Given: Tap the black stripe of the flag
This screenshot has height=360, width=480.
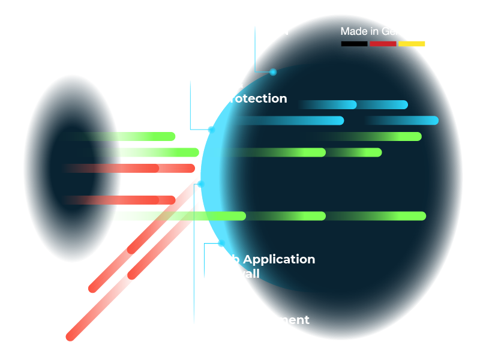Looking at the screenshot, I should tap(354, 44).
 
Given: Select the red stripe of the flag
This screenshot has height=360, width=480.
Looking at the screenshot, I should tap(382, 44).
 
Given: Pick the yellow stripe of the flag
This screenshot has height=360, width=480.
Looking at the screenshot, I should tap(412, 44).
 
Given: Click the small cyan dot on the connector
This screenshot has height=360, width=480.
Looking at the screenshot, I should tap(273, 72).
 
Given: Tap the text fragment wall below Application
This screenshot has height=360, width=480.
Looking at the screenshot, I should tap(247, 274).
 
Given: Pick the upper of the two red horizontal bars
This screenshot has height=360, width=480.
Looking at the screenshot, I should tap(132, 169).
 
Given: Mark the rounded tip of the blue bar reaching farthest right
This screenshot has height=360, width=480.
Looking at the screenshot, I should tap(434, 120).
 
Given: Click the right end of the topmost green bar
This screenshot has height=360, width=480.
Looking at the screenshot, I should tap(417, 136).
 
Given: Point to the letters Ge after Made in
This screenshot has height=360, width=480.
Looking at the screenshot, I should tap(389, 31).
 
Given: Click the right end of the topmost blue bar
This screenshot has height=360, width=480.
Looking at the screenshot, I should tap(404, 104).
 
